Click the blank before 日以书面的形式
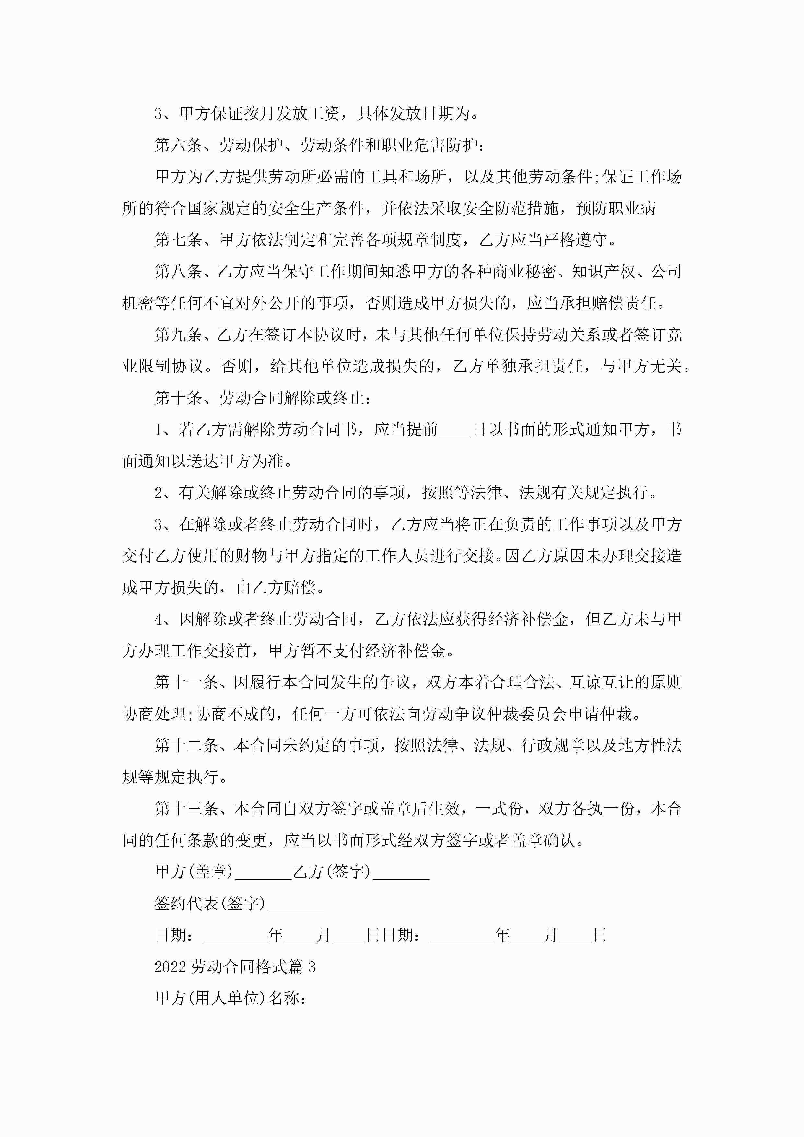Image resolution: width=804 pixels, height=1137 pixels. coord(455,430)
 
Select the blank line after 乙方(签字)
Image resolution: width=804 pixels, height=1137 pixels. coord(401,872)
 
